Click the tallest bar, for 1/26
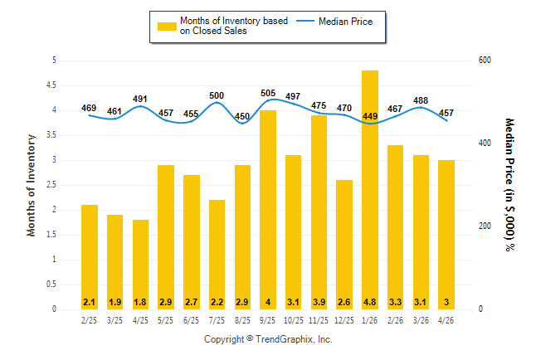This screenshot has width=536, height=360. (x=370, y=190)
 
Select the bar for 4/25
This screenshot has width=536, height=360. (x=140, y=265)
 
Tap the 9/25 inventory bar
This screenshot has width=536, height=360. (x=268, y=210)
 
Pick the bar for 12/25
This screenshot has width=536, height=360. (x=344, y=245)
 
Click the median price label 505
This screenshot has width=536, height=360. (x=268, y=93)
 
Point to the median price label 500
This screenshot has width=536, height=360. (x=217, y=95)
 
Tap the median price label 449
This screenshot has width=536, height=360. (x=370, y=116)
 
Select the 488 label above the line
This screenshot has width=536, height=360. (x=421, y=100)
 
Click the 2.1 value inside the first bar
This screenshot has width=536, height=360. (x=90, y=302)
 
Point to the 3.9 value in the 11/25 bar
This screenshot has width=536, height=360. (x=319, y=302)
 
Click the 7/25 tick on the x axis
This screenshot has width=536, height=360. (x=217, y=320)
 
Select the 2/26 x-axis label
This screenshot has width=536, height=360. (x=395, y=320)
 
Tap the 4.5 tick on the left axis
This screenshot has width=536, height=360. (x=51, y=85)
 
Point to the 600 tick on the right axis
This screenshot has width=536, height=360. (x=485, y=61)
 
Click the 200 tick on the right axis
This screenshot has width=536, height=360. (x=485, y=226)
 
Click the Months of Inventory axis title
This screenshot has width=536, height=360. (x=31, y=185)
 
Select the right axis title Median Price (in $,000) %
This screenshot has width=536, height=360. (x=509, y=185)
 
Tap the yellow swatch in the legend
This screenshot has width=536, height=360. (x=167, y=27)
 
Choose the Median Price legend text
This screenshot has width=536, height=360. (x=346, y=22)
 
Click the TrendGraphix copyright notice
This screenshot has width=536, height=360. (x=268, y=339)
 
